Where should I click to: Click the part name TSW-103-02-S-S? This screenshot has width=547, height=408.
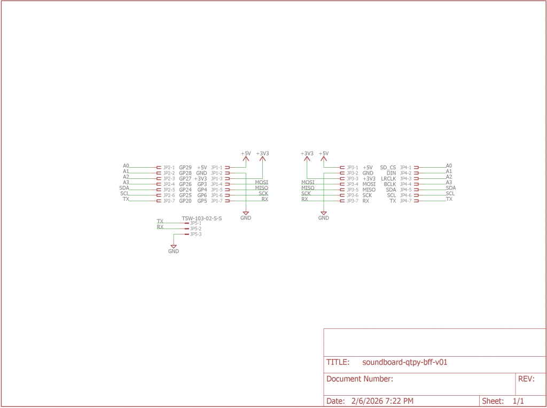[201, 218]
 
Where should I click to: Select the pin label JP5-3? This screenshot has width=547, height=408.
[196, 234]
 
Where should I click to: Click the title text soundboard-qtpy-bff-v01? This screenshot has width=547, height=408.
[404, 362]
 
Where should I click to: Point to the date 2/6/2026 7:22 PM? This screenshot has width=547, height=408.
[382, 401]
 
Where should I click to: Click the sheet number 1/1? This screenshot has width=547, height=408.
[518, 401]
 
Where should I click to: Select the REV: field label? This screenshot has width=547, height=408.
[526, 379]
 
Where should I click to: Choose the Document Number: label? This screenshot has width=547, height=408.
[360, 379]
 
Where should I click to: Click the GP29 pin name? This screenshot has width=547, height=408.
[185, 168]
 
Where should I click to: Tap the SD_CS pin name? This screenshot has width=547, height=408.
[388, 168]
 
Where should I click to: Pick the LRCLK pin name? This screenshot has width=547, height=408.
[388, 179]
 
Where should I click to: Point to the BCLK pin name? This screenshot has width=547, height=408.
[389, 184]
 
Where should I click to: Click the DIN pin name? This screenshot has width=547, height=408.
[391, 173]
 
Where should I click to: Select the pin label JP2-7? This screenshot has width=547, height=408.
[169, 201]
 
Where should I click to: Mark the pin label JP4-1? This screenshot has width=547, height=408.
[405, 168]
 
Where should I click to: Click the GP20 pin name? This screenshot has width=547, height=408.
[185, 201]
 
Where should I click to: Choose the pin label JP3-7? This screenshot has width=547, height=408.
[352, 201]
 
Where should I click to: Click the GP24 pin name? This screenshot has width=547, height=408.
[185, 190]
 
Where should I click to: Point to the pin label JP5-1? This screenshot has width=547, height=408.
[196, 223]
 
